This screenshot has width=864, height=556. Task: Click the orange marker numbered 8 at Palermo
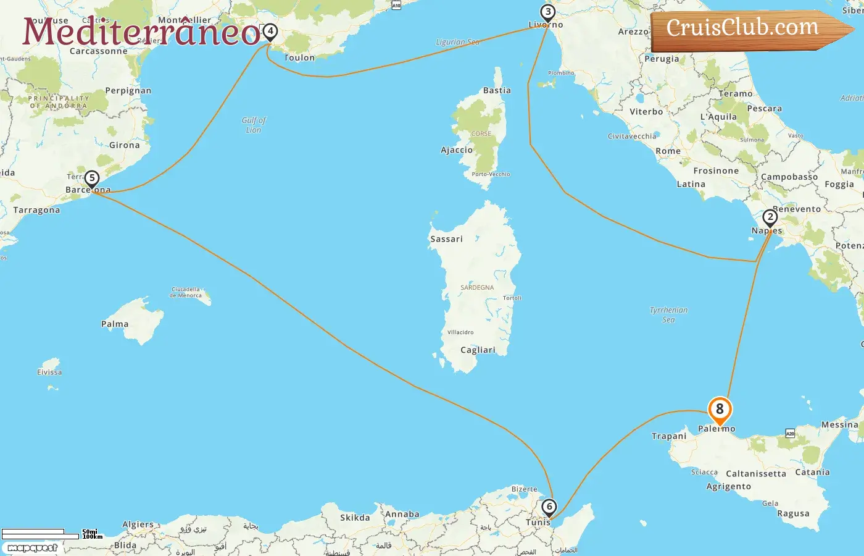pos(720,410)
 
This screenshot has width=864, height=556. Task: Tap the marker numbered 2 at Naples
pos(770,217)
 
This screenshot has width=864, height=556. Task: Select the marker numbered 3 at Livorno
pos(547,12)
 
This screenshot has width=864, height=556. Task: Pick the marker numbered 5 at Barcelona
pos(92,179)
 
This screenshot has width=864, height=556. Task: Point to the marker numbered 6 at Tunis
pos(549,507)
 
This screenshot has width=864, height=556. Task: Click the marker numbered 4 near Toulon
pos(270,31)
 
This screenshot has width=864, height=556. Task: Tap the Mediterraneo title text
pos(142,32)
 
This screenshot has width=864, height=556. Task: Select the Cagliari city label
pos(478,350)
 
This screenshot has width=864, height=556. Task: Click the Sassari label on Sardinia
pos(446,239)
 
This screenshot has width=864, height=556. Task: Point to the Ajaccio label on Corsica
pos(457,150)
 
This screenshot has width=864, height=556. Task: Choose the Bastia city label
pos(497,91)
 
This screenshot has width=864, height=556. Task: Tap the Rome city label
pos(668,151)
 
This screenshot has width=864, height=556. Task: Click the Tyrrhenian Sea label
pos(668,314)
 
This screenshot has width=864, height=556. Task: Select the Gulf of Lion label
pos(254,125)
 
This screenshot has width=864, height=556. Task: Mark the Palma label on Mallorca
pos(115,324)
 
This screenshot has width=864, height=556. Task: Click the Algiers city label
pos(138,524)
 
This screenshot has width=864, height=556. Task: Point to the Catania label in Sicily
pos(812,473)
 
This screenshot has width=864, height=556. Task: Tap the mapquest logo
pos(32,547)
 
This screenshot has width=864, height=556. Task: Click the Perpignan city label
pos(128,91)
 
